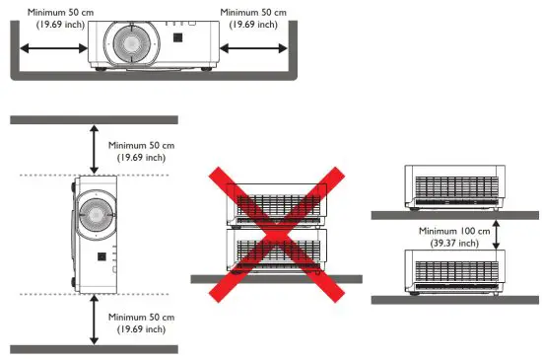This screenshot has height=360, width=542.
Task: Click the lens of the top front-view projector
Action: point(128,40)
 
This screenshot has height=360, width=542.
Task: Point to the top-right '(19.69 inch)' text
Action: point(253,24)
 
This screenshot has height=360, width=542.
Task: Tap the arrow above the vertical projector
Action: point(93,148)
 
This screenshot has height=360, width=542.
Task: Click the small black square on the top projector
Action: point(178,37)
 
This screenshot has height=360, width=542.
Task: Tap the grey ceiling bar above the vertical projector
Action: point(93,118)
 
